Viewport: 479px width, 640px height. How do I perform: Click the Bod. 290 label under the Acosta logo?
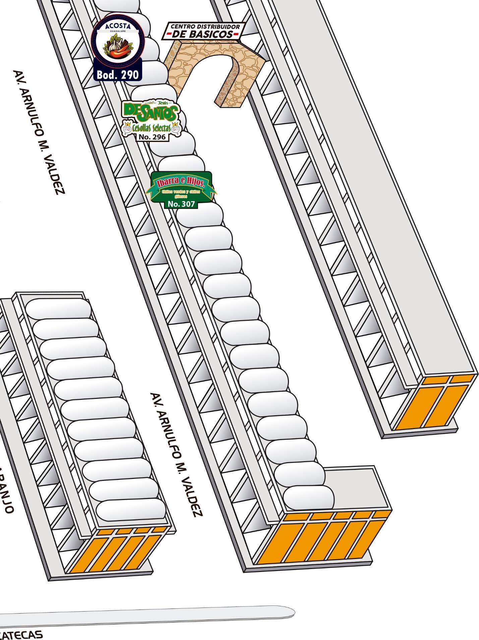coord(117,74)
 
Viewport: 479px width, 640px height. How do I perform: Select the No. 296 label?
coord(152,137)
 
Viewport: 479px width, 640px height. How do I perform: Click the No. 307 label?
coord(181,204)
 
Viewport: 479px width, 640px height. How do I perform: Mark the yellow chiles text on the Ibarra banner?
coord(181,193)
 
